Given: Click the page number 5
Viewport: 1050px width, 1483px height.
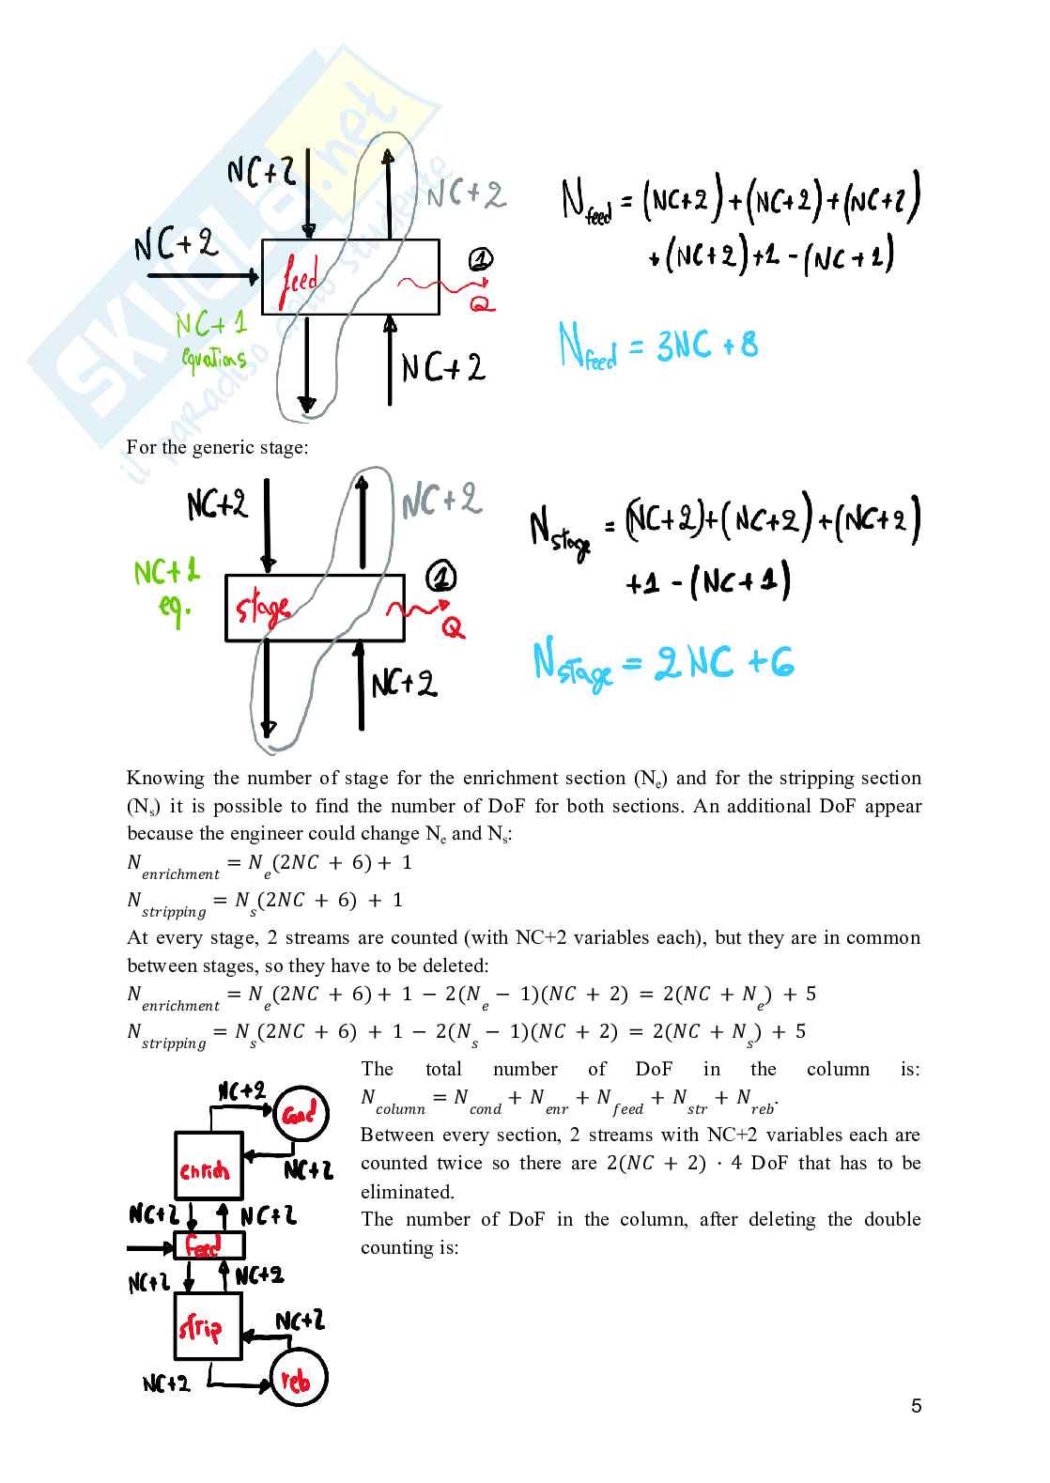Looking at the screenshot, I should click(916, 1406).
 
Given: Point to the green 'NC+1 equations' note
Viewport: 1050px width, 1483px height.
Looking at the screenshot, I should click(212, 339).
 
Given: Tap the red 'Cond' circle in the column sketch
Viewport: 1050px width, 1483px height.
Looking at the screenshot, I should click(301, 1115).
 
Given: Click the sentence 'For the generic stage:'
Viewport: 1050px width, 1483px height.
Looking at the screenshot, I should click(217, 447).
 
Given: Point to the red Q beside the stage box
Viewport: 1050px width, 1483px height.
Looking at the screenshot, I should click(453, 627).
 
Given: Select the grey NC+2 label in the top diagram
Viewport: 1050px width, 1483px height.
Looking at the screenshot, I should click(466, 194).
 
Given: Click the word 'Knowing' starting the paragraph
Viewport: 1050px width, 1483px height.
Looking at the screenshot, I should click(165, 778).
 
